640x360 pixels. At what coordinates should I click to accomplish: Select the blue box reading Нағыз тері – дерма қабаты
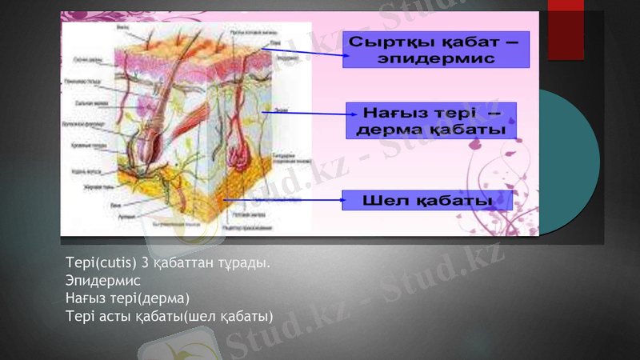click(430, 120)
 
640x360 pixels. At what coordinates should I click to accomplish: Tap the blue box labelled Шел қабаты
click(427, 200)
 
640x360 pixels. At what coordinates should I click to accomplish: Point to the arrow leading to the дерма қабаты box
click(304, 114)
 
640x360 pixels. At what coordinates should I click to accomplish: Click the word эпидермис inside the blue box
click(436, 58)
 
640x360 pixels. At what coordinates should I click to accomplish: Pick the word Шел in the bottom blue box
click(381, 200)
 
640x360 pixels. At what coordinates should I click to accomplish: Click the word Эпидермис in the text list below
click(103, 281)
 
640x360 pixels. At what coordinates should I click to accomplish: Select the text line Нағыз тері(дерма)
click(128, 298)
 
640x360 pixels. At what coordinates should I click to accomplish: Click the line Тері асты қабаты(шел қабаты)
click(170, 316)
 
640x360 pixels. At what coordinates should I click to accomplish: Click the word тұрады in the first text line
click(240, 263)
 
